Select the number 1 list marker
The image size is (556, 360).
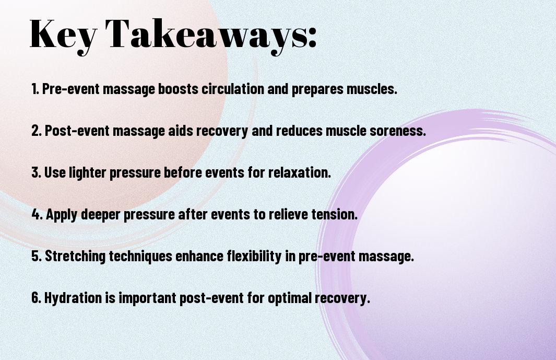coord(35,89)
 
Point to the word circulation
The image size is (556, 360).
coord(233,89)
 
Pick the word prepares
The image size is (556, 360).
coord(317,89)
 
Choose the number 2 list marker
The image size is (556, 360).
coord(36,131)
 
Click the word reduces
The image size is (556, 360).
coord(299,131)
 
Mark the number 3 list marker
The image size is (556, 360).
coord(36,172)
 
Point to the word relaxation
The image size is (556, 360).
coord(299,172)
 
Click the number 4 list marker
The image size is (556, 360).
coord(37,214)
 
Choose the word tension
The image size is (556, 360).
coord(334,214)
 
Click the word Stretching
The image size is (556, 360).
coord(75,257)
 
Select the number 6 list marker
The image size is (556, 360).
coord(36,298)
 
